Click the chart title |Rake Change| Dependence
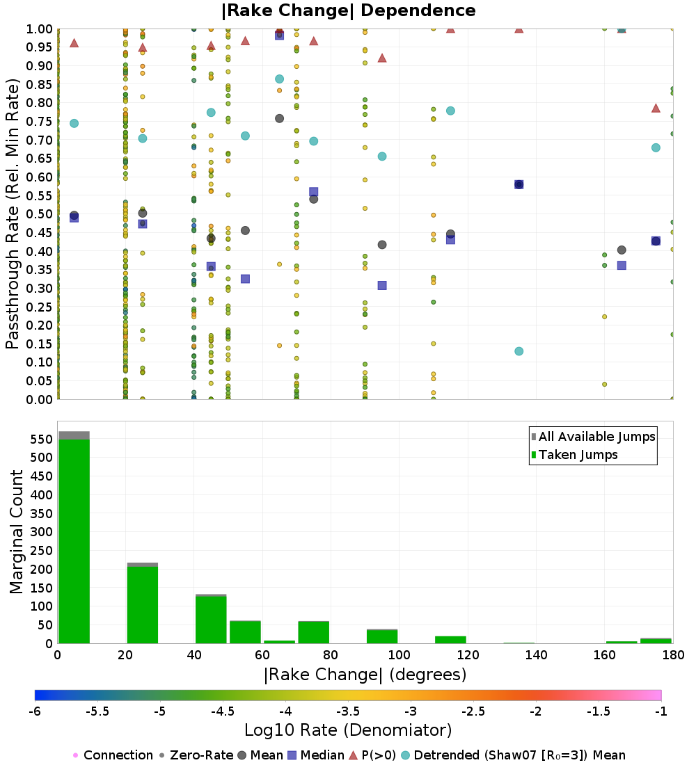(348, 10)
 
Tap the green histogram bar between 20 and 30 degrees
(142, 605)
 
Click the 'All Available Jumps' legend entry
(592, 437)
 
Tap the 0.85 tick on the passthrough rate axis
(40, 84)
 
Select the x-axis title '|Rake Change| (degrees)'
(365, 675)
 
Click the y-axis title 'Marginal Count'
(17, 532)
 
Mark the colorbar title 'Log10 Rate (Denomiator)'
(348, 730)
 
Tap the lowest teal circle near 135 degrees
(519, 351)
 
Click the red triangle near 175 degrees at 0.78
(656, 108)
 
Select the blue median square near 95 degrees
(382, 285)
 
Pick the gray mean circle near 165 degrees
(622, 250)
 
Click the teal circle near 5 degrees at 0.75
(74, 123)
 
